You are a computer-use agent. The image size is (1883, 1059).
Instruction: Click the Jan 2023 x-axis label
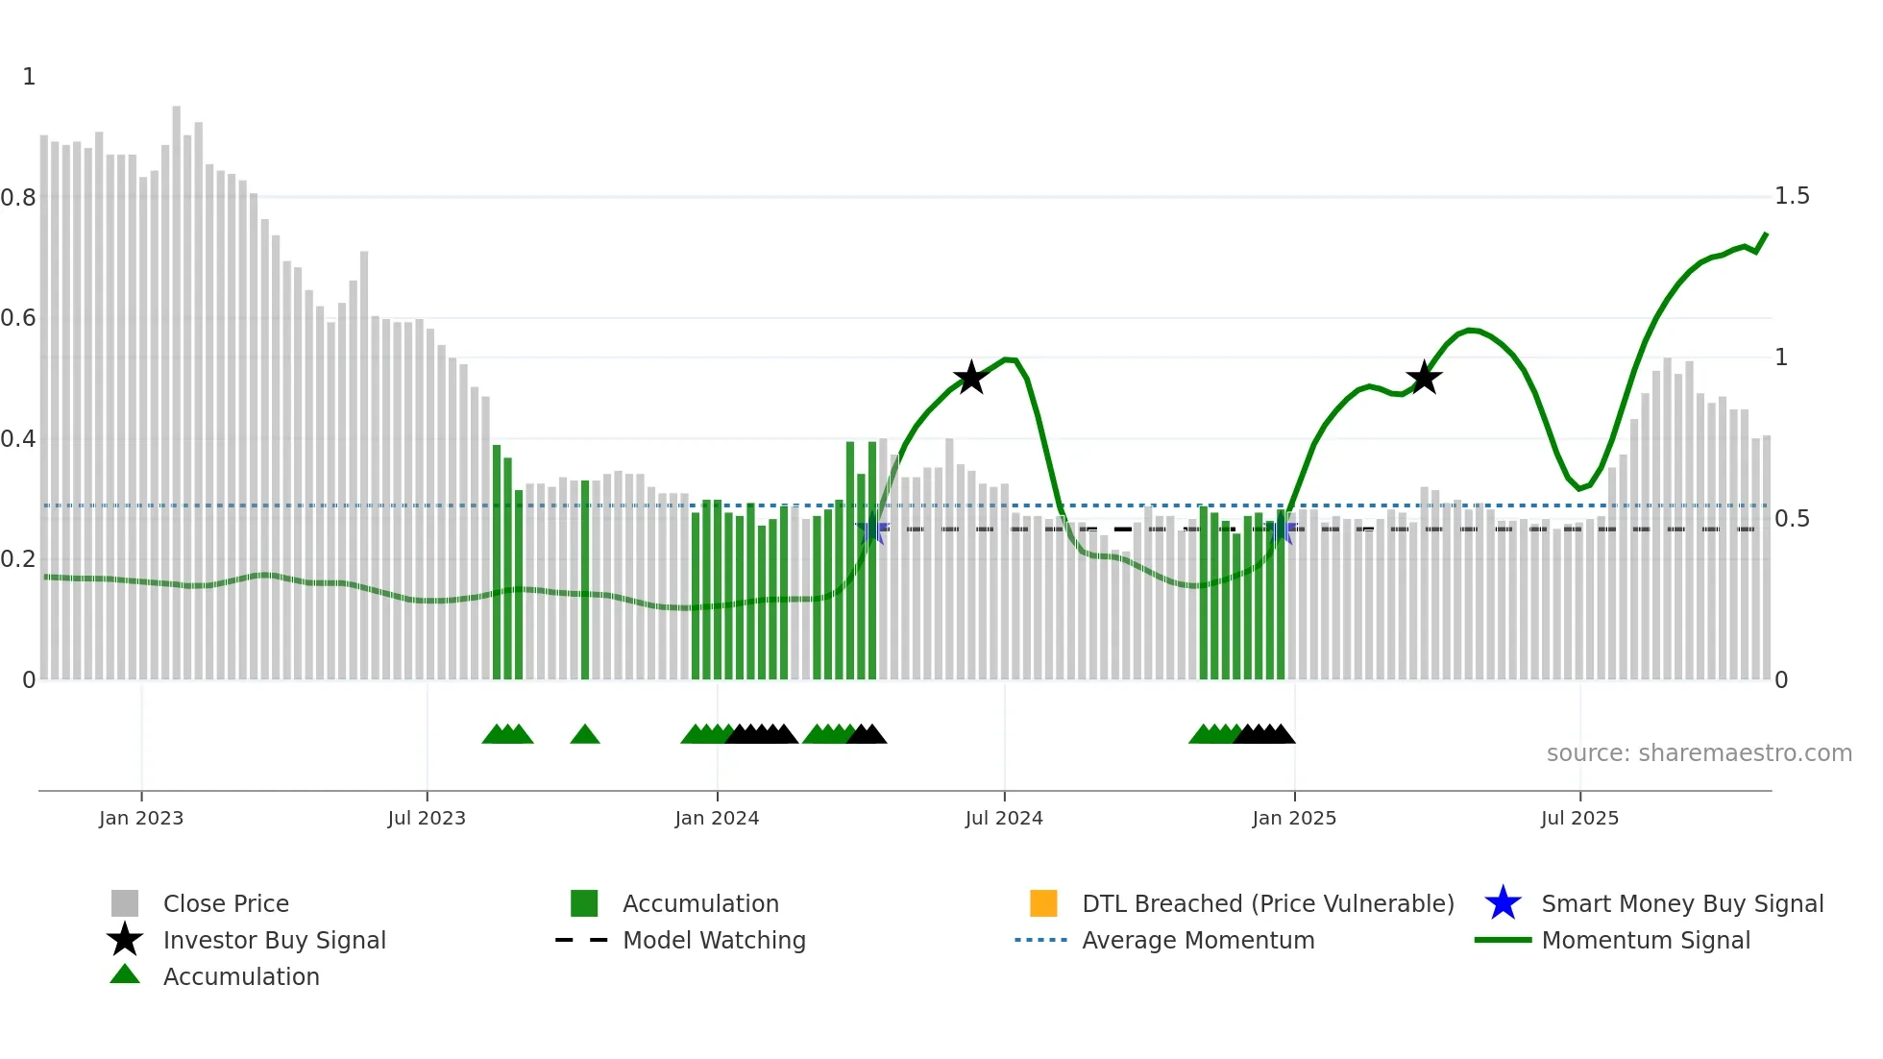coord(140,818)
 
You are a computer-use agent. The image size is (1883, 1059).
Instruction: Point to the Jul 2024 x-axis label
coord(1004,818)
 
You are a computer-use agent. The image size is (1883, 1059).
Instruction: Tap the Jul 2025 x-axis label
coord(1579,818)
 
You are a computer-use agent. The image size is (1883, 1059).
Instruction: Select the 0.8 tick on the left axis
coord(18,198)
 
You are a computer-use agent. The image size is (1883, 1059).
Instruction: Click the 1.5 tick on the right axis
coord(1792,196)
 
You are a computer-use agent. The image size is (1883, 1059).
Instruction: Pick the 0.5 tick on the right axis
coord(1792,519)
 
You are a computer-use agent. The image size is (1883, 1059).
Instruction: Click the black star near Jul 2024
coord(971,378)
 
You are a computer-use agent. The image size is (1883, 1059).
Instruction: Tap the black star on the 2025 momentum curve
coord(1424,378)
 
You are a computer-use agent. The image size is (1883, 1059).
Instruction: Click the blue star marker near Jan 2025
coord(1284,529)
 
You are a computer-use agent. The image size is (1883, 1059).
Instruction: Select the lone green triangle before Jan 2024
coord(584,735)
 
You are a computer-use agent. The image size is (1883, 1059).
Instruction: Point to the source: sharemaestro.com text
coord(1699,753)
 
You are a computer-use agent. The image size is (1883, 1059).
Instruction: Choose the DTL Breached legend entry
coord(1267,903)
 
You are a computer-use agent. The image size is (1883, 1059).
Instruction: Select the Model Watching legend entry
coord(713,940)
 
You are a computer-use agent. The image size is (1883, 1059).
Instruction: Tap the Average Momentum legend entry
coord(1197,940)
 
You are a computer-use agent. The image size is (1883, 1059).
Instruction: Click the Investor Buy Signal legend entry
coord(274,940)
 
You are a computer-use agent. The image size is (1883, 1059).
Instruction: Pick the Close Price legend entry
coord(225,903)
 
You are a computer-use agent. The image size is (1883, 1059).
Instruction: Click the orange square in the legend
coord(1043,903)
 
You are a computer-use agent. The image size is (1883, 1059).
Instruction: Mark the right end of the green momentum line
coord(1766,234)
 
